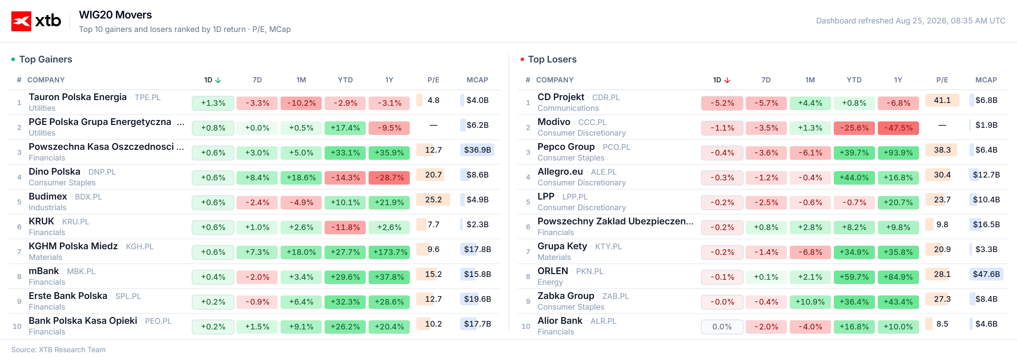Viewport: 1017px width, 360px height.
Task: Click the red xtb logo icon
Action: [x=21, y=21]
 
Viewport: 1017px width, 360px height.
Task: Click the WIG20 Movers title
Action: [x=115, y=15]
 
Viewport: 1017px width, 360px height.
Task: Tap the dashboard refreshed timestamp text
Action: [x=910, y=21]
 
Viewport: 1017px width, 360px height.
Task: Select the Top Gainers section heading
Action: [x=46, y=59]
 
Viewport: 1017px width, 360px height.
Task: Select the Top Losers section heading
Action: [x=552, y=59]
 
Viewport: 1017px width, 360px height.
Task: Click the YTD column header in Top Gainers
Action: [x=345, y=80]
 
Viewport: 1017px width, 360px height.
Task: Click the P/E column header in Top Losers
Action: [x=942, y=80]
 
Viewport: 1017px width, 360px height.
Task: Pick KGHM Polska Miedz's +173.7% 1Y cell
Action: [x=389, y=252]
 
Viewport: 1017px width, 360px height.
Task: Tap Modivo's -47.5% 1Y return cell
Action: [x=898, y=128]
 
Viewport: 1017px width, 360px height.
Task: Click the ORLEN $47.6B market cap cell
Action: [x=986, y=274]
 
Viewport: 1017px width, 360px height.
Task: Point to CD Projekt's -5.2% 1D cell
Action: [x=722, y=103]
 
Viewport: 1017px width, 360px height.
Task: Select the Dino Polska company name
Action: [x=54, y=172]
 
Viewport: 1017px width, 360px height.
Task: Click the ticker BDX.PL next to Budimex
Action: [x=88, y=197]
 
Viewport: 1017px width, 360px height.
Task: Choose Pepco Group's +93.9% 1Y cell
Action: [x=898, y=153]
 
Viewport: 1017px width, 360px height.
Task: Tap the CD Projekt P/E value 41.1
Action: [x=942, y=100]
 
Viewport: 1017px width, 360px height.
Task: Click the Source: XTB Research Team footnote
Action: [x=59, y=350]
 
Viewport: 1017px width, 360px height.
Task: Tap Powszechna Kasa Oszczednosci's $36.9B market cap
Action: [x=477, y=150]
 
